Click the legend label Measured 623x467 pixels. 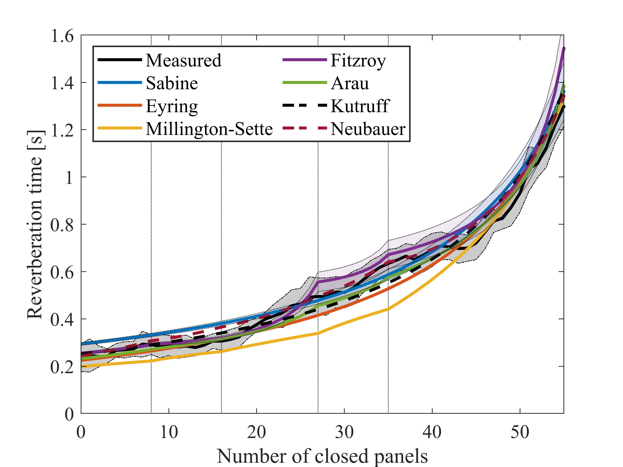[183, 60]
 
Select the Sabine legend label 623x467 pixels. [172, 84]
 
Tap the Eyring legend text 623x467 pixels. [172, 107]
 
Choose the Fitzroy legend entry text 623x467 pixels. [358, 60]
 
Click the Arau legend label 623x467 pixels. [350, 84]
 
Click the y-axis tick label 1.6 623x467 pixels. [62, 36]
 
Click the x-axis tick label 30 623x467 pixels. [344, 432]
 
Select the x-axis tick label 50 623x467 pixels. [520, 432]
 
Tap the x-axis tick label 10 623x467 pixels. [169, 432]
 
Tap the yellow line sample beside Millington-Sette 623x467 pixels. [120, 128]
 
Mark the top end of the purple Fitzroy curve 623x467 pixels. [564, 49]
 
